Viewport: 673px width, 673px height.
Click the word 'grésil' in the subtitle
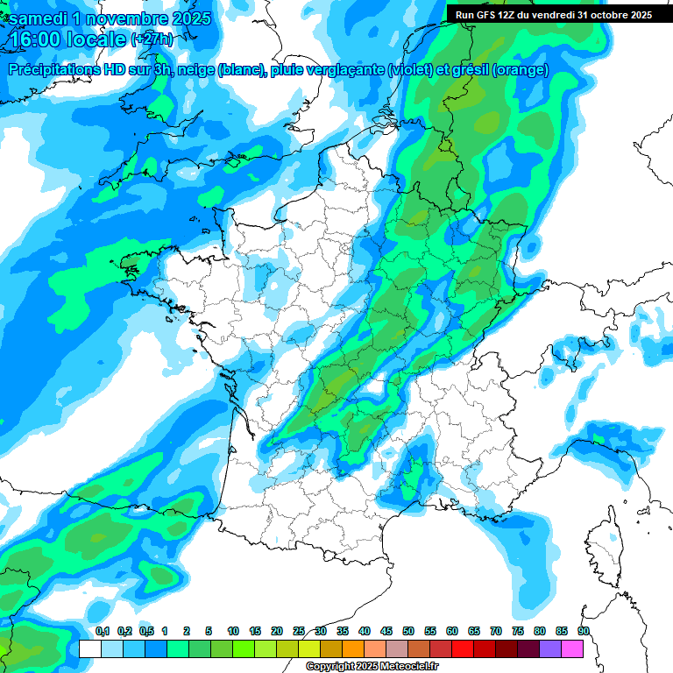click(x=469, y=70)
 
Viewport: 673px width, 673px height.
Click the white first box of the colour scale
click(x=89, y=648)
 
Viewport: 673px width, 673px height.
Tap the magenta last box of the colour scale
click(x=572, y=648)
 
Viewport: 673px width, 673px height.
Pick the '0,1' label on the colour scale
click(x=103, y=632)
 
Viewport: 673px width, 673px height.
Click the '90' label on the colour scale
click(x=583, y=632)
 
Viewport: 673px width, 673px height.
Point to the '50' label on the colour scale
click(x=408, y=632)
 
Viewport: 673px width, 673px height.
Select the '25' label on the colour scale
click(x=299, y=632)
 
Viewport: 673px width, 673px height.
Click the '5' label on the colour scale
click(x=209, y=632)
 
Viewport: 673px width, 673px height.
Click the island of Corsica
click(x=601, y=542)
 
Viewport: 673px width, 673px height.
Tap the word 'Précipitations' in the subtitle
click(x=57, y=70)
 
